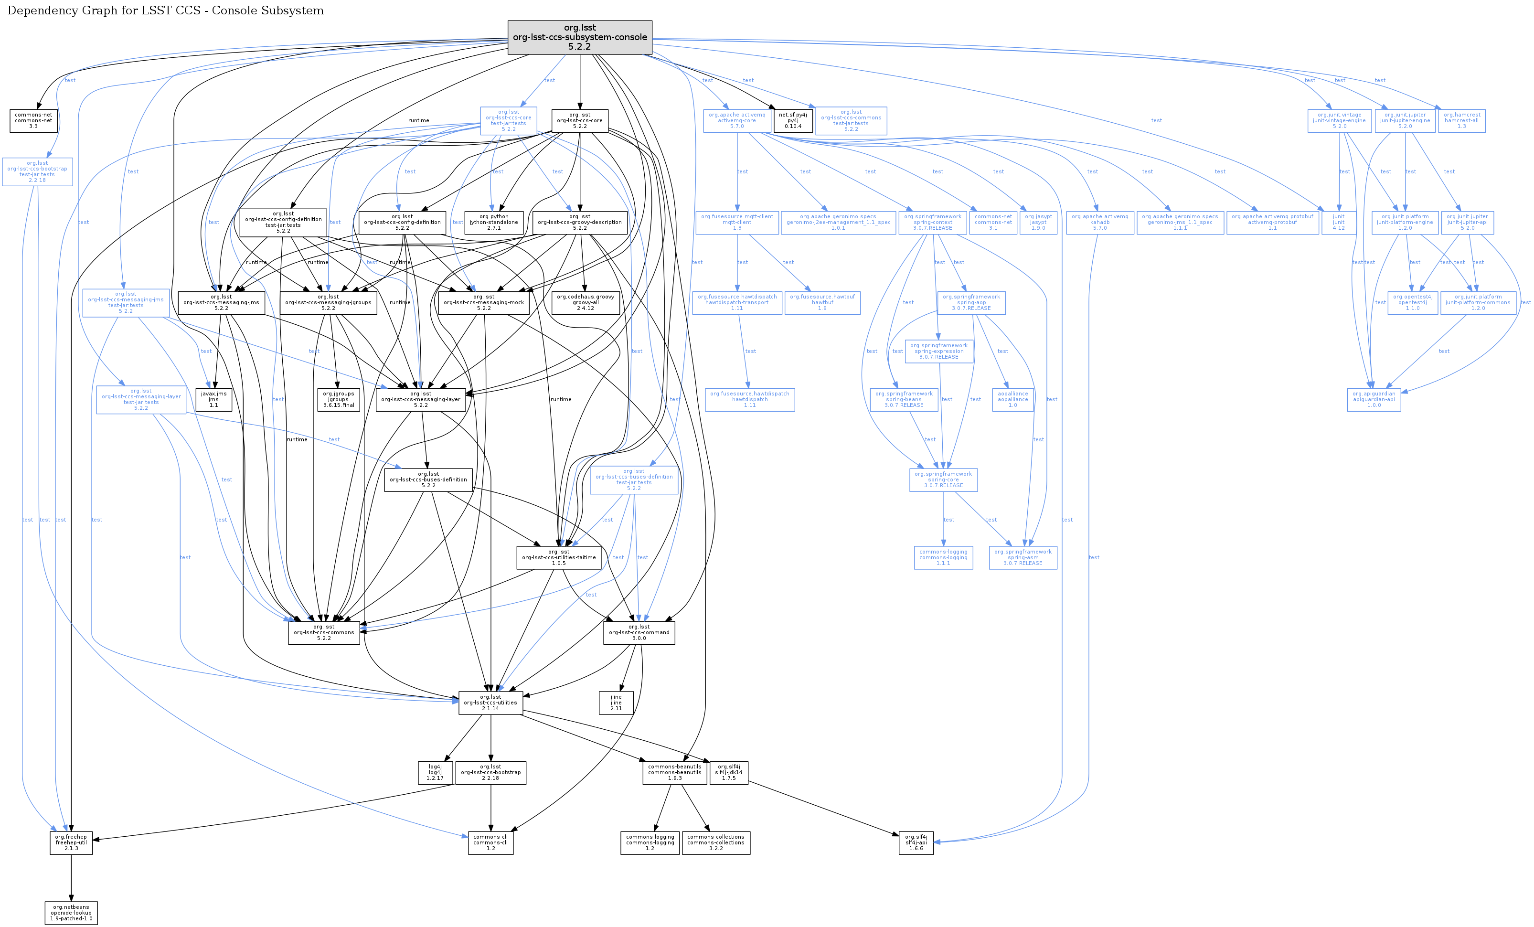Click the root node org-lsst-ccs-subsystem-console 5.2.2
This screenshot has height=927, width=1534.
tap(580, 37)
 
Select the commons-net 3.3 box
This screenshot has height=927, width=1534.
tap(33, 121)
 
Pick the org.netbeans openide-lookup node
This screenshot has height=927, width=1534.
tap(72, 913)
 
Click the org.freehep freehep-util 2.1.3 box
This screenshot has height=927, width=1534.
tap(71, 842)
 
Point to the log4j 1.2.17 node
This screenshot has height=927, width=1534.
tap(435, 773)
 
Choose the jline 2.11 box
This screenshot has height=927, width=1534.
tap(616, 702)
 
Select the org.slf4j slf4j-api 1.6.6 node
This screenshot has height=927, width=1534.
tap(916, 842)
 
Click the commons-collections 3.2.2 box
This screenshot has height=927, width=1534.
tap(715, 842)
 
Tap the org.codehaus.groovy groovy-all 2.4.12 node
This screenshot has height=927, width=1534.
tap(585, 303)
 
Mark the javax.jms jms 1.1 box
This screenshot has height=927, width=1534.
tap(213, 399)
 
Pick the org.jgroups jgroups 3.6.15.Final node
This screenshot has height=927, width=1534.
tap(338, 399)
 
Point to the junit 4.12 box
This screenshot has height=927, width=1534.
tap(1339, 222)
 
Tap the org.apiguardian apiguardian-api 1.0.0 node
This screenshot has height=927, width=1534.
tap(1374, 399)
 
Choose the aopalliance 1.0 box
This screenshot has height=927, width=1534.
tap(1013, 399)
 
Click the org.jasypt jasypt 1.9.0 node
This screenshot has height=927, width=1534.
tap(1038, 222)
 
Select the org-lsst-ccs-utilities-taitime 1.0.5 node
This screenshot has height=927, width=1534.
tap(558, 557)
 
